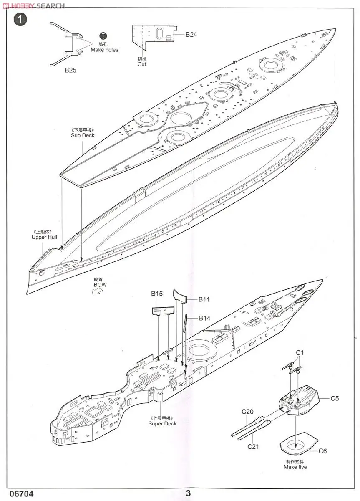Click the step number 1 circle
click(20, 20)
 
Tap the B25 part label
click(70, 70)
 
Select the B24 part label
click(191, 35)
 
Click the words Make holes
click(104, 50)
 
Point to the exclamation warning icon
click(104, 36)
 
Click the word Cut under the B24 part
click(142, 64)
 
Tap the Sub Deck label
click(83, 135)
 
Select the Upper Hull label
click(44, 237)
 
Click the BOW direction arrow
click(97, 292)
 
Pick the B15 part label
click(157, 294)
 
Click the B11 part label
click(204, 299)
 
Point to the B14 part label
click(204, 318)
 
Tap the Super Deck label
click(162, 423)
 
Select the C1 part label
click(300, 353)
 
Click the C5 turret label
click(335, 398)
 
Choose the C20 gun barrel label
click(248, 412)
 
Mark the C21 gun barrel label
click(253, 446)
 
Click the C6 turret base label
click(323, 451)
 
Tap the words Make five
click(295, 467)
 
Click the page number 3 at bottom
click(189, 493)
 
